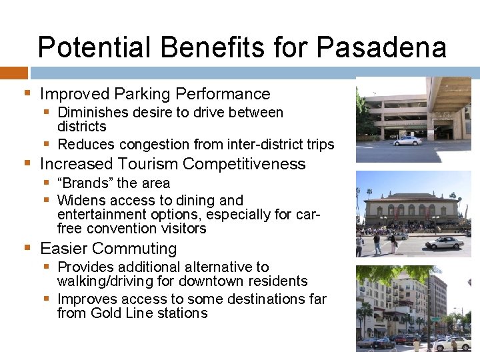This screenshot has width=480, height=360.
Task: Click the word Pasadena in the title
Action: coord(381,48)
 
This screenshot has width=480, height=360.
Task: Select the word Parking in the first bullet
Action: coord(143,94)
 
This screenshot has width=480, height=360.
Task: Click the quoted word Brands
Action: coord(85,183)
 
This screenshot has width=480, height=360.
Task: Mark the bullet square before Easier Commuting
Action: coord(27,248)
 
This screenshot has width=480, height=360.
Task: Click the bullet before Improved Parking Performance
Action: coord(27,93)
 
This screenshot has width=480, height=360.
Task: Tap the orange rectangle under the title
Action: coord(13,73)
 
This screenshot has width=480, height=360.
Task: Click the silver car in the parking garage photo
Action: coord(407,141)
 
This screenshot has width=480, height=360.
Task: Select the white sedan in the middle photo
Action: coord(444,243)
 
